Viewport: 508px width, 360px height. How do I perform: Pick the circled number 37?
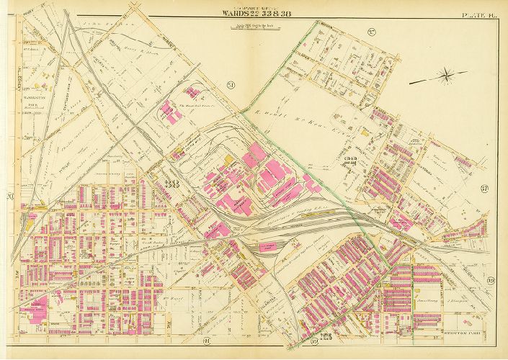pos(373,32)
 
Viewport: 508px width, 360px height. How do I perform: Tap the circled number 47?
pos(485,189)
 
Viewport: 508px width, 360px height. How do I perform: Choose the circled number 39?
pos(491,280)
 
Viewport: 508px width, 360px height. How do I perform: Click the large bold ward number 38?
pos(173,183)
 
